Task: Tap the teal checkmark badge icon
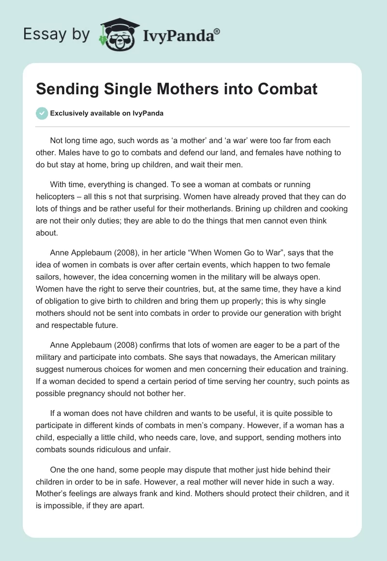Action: [x=42, y=113]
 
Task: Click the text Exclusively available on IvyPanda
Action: [x=107, y=114]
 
